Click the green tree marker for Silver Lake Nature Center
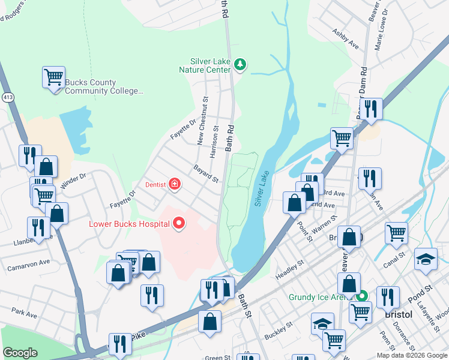[240, 64]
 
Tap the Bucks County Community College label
[104, 87]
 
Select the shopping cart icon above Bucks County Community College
[53, 77]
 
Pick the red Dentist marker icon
[174, 184]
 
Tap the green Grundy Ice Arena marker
[362, 296]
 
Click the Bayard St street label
[205, 175]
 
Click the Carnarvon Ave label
[28, 263]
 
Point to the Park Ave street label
[24, 313]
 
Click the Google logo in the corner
[20, 353]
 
